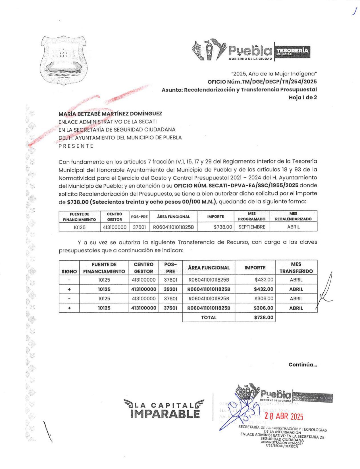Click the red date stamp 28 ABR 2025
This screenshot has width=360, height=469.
click(284, 416)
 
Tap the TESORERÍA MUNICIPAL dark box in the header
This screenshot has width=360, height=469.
click(292, 52)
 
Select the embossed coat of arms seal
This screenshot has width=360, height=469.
click(64, 60)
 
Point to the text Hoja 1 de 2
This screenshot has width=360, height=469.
click(303, 97)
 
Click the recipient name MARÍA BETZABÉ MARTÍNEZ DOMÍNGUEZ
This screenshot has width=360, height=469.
click(110, 114)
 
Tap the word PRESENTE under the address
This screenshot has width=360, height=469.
click(76, 146)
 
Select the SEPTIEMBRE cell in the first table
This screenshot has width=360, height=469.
click(251, 227)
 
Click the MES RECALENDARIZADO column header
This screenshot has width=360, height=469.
click(293, 216)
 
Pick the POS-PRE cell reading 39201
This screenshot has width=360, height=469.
click(170, 289)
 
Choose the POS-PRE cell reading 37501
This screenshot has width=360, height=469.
click(170, 308)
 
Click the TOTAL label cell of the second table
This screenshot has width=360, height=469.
click(209, 317)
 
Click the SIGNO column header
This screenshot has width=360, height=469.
click(69, 271)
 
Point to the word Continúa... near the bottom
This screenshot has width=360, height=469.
click(303, 365)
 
